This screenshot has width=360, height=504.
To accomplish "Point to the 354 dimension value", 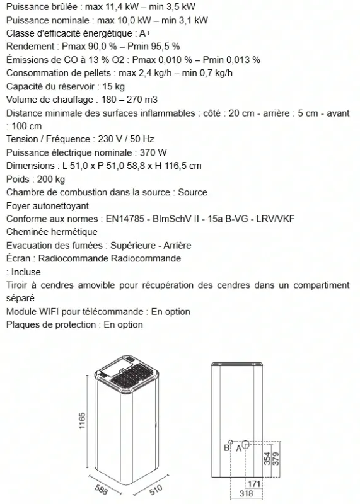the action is tap(267, 458).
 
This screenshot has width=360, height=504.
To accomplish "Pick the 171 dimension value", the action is tap(253, 483).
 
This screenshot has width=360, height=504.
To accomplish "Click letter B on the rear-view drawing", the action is tap(226, 448).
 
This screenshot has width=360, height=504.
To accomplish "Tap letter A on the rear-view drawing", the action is tap(238, 448).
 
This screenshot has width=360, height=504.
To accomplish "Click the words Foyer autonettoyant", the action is tap(47, 205).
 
